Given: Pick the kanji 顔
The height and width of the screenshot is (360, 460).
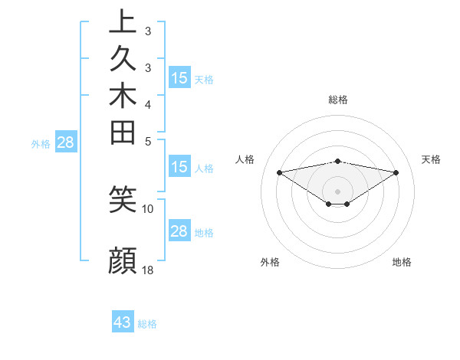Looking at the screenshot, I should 123,260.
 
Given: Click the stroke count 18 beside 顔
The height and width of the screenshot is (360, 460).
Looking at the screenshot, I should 148,270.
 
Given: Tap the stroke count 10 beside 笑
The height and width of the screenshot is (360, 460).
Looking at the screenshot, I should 148,208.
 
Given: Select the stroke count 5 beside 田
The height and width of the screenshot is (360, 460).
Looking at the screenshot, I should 148,141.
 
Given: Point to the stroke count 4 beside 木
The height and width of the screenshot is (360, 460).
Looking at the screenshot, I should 148,104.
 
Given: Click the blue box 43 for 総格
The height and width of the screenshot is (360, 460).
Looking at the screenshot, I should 123,322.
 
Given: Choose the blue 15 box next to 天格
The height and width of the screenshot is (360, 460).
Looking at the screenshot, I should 179,77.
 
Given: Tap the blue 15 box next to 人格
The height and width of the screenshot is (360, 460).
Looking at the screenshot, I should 179,167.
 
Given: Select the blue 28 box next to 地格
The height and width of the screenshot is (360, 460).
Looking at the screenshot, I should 179,231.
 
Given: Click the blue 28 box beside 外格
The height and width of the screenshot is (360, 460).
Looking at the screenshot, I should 66,142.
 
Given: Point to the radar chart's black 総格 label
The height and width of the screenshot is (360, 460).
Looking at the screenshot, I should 337,100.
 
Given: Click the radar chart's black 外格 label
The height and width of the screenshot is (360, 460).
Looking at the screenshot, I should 270,263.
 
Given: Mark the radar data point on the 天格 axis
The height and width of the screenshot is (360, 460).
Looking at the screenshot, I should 396,173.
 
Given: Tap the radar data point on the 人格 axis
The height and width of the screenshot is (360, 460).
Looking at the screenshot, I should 279,172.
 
